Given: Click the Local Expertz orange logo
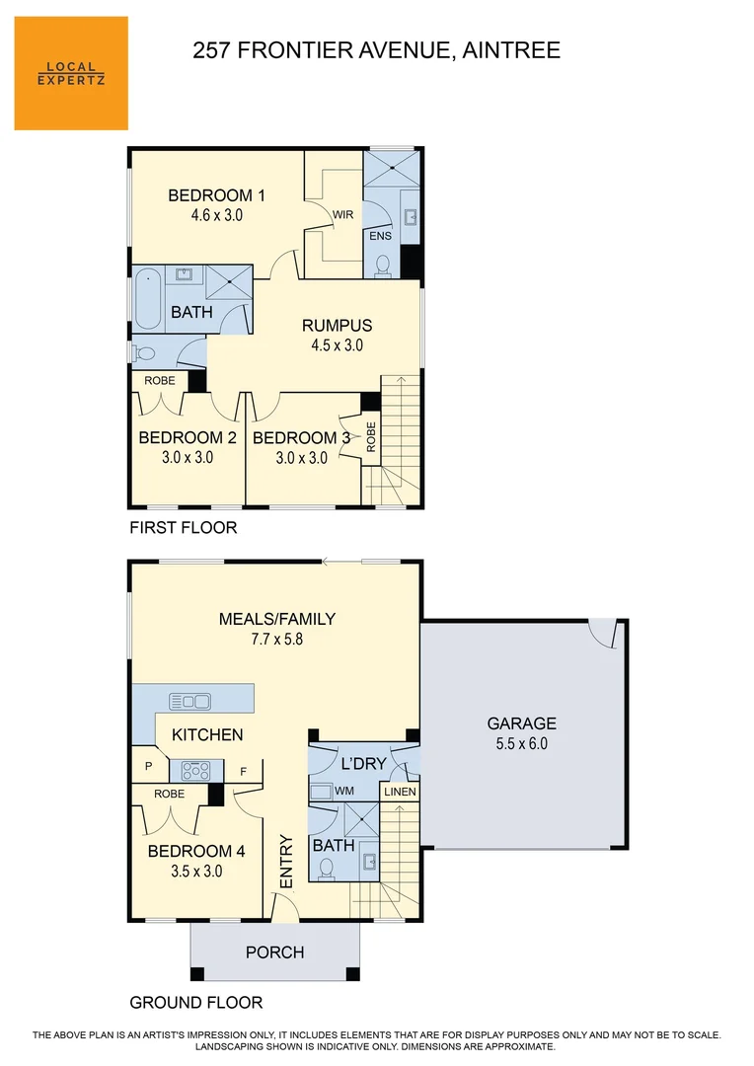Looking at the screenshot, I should coord(71,73).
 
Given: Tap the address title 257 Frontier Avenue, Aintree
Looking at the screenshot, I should coord(376,50).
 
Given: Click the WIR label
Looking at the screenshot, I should coord(342,214).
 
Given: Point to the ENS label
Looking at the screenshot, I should coord(380,237).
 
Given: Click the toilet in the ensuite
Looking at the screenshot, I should coord(384,265).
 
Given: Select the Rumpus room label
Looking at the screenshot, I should coord(337,325).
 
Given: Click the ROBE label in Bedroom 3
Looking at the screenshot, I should coord(371,436).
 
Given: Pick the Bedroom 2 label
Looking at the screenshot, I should coord(188,437).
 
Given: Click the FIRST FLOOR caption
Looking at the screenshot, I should coord(184,528).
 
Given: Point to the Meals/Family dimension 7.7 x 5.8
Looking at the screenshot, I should coord(277,639).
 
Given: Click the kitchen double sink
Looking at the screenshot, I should coord(190,701).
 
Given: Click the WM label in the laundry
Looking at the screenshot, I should coord(344,791).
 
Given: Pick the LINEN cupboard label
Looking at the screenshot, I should coord(401,792).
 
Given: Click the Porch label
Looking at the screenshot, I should coord(274,952).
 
